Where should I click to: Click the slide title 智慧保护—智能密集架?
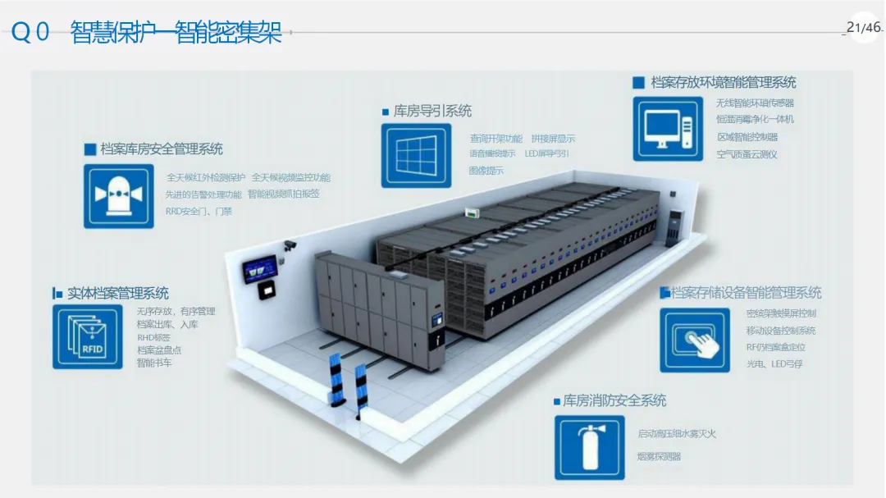click(176, 33)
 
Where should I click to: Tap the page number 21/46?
click(864, 28)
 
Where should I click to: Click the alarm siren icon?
click(119, 196)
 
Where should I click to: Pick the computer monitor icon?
click(668, 129)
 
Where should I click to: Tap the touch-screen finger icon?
click(695, 340)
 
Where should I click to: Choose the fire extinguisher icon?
click(589, 447)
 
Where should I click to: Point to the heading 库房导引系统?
click(432, 111)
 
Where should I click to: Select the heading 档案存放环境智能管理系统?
click(723, 82)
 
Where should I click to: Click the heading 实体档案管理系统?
click(118, 293)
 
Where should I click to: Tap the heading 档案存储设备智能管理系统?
click(746, 293)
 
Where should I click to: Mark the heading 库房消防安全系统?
click(614, 401)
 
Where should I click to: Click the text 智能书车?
click(154, 362)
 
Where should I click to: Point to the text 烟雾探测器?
click(660, 456)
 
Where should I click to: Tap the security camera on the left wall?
click(289, 244)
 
